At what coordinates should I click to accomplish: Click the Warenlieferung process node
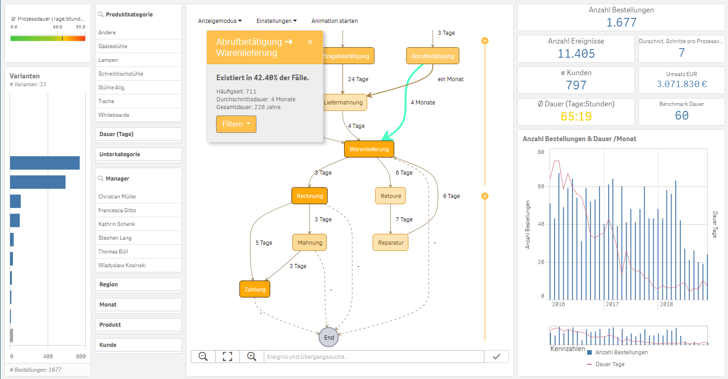click(369, 149)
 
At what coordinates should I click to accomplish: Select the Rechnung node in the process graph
click(310, 196)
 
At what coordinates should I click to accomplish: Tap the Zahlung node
click(255, 290)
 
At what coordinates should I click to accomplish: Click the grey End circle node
click(329, 337)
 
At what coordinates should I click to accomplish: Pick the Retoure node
click(390, 196)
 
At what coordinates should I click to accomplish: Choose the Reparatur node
click(390, 243)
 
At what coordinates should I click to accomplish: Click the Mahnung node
click(310, 243)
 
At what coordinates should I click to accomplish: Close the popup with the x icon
click(310, 42)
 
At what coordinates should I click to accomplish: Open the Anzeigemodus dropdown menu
click(220, 21)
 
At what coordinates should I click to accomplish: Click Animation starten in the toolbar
click(334, 21)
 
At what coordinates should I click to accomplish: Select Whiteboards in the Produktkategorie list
click(114, 115)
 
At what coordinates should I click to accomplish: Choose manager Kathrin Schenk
click(117, 224)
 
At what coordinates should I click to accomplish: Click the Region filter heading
click(109, 285)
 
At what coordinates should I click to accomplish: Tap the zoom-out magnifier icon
click(203, 357)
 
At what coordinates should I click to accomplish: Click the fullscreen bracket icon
click(228, 357)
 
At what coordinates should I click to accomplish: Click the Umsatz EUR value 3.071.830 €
click(682, 84)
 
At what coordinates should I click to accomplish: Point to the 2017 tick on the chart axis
click(612, 304)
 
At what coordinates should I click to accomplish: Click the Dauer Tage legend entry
click(610, 364)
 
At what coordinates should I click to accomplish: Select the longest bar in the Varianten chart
click(45, 163)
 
